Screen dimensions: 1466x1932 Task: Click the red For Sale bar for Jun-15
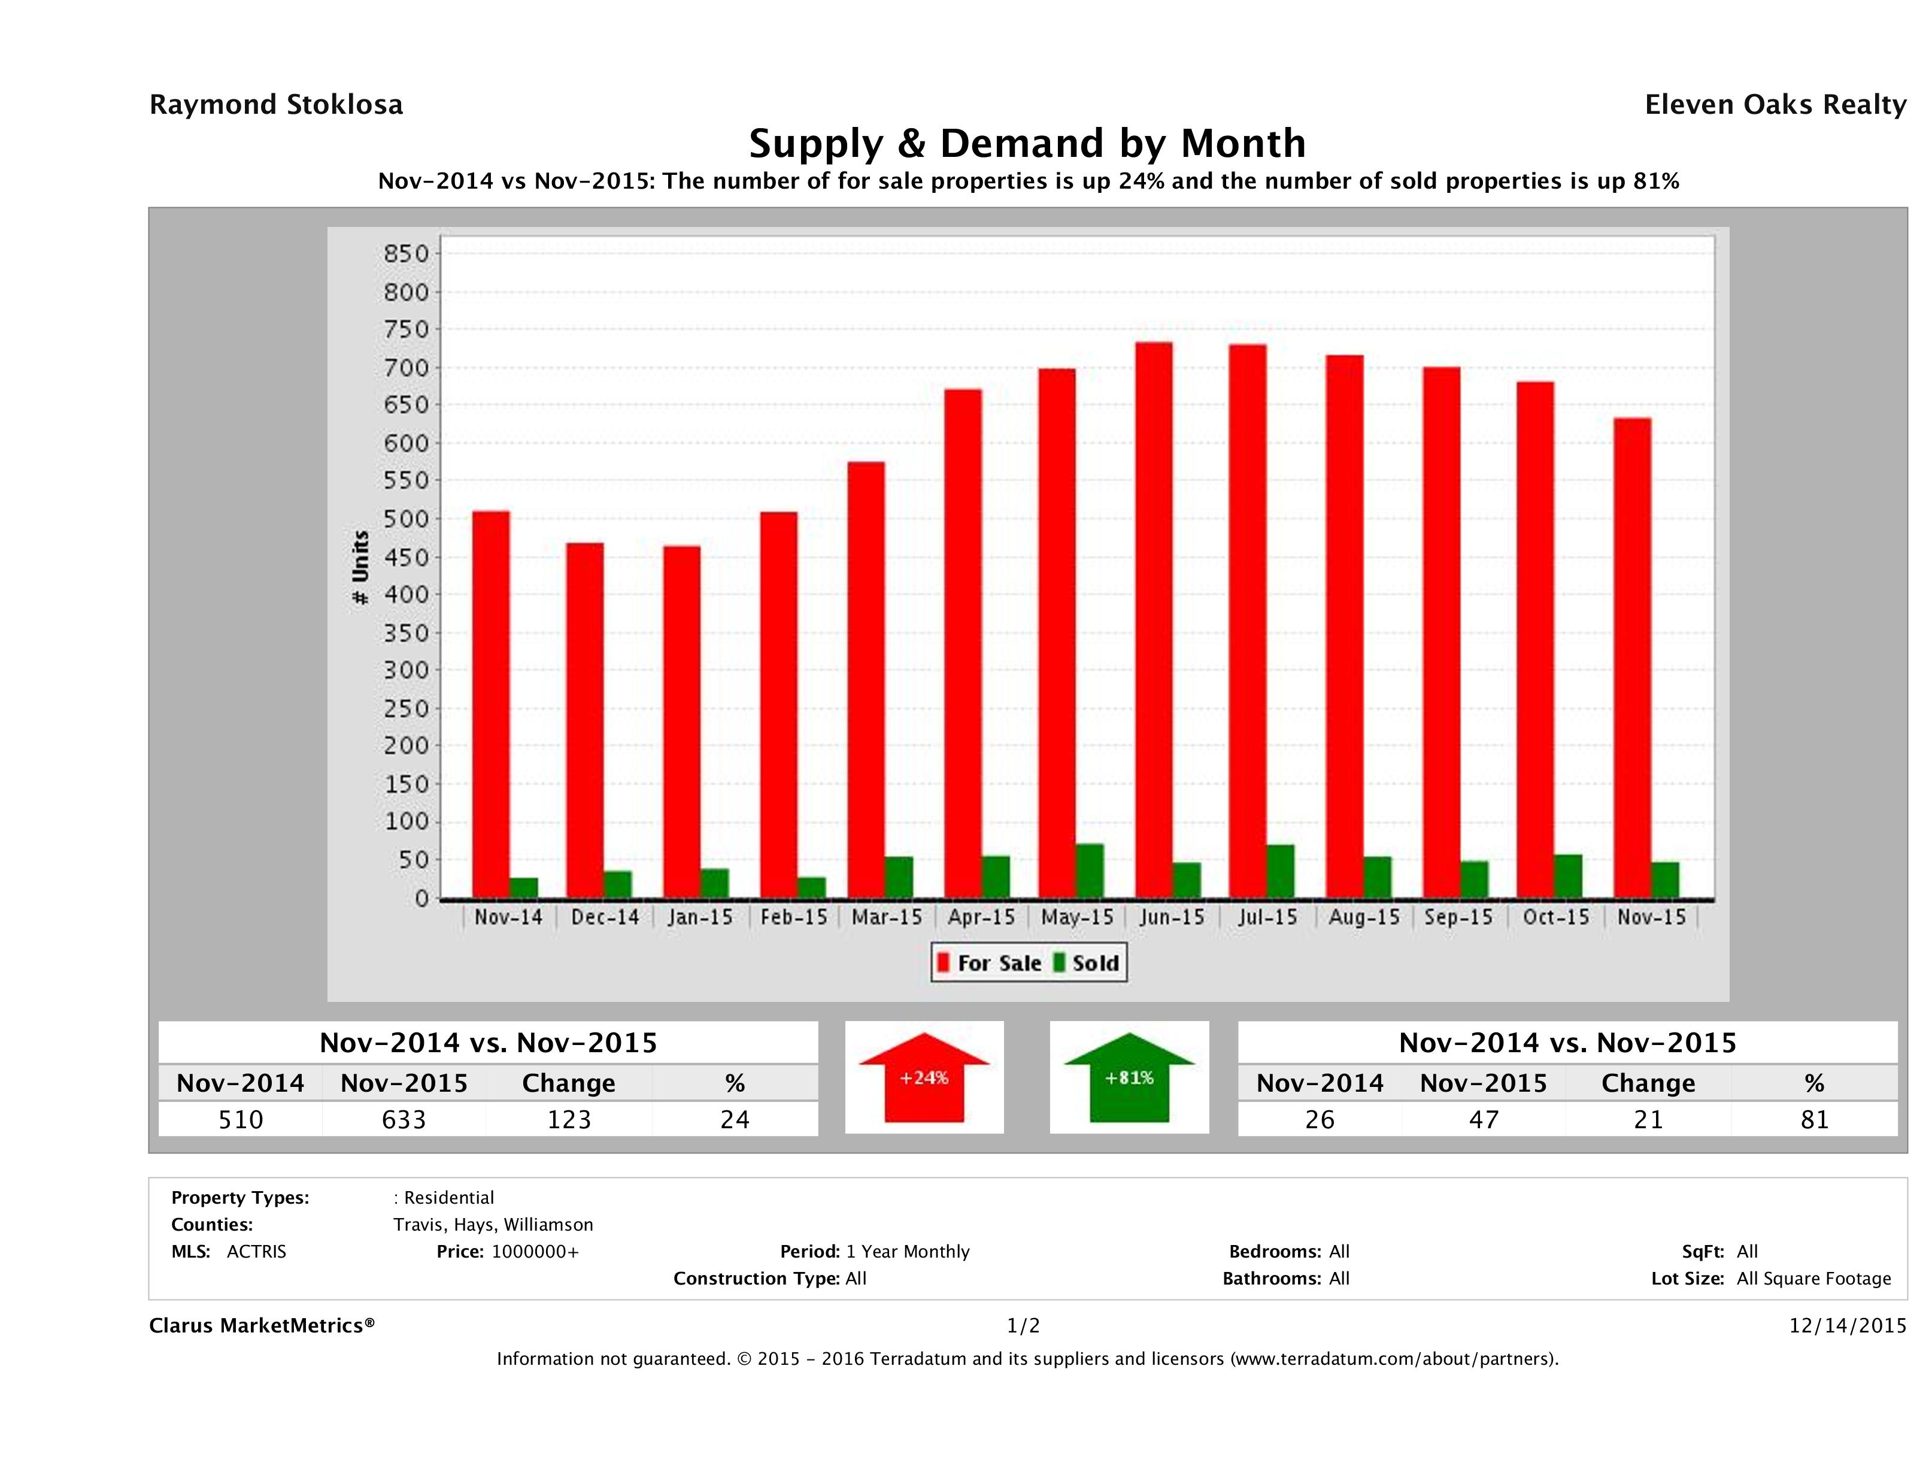pos(1154,620)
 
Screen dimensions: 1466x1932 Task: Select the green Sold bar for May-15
pos(1089,871)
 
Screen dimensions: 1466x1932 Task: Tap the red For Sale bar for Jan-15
pos(681,722)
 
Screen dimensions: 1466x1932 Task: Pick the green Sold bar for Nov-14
pos(524,888)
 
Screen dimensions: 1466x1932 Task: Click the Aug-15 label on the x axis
pos(1363,917)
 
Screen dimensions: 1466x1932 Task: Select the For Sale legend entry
pos(990,963)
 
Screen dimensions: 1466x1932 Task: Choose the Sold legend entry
pos(1088,963)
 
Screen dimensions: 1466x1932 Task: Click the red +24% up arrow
pos(924,1077)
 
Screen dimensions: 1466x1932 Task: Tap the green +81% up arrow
pos(1129,1077)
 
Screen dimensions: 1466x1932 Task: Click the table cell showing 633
pos(404,1119)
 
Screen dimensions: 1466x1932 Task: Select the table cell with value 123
pos(569,1119)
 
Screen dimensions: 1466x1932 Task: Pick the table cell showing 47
pos(1483,1119)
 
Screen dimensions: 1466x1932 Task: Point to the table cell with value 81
pos(1814,1119)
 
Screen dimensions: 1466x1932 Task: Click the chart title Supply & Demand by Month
pos(1027,143)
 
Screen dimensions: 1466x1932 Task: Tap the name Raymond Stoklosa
pos(276,105)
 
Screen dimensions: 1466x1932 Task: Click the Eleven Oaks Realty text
pos(1775,105)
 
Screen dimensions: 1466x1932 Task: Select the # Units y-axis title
pos(360,567)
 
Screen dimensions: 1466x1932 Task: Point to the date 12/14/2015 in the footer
pos(1847,1325)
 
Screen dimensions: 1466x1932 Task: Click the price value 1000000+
pos(535,1251)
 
